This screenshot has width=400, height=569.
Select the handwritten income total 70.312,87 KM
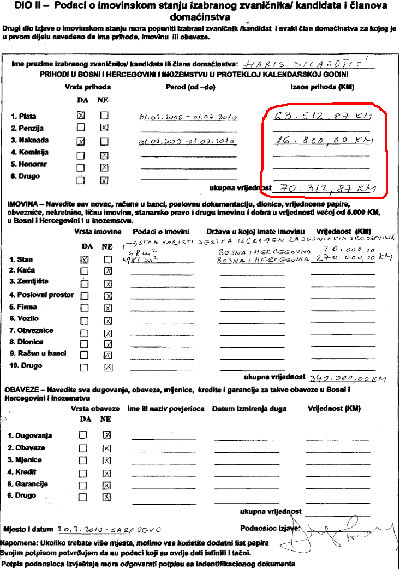click(324, 189)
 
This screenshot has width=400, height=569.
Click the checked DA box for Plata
click(81, 116)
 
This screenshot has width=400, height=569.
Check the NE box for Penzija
click(104, 128)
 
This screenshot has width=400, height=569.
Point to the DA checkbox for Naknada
click(81, 141)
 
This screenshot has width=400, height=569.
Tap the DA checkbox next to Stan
click(84, 260)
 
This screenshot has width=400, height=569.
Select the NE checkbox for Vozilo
click(108, 320)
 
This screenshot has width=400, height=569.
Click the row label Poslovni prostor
click(41, 295)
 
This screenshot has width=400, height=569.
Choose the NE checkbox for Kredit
click(107, 473)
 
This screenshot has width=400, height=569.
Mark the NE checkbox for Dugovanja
click(107, 435)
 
